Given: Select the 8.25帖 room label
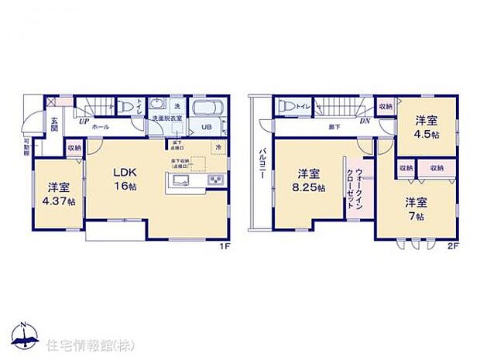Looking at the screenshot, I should pyautogui.click(x=309, y=181).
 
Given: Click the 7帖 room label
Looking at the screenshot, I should pyautogui.click(x=417, y=208).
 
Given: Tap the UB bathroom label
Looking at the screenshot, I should pyautogui.click(x=207, y=126).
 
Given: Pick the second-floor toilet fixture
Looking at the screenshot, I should pyautogui.click(x=285, y=106).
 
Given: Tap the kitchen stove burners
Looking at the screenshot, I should pyautogui.click(x=214, y=181).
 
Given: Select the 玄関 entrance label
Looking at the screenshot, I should pyautogui.click(x=55, y=124).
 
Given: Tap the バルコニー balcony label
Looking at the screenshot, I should pyautogui.click(x=262, y=164).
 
